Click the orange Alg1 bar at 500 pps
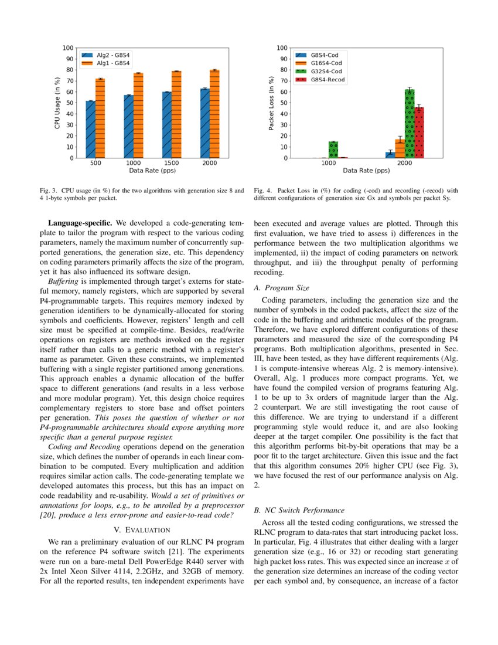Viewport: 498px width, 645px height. coord(100,118)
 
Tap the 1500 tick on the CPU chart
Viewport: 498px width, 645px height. coord(172,163)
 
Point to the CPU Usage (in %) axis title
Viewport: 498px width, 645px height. coord(57,103)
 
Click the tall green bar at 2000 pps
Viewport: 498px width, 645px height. coord(409,124)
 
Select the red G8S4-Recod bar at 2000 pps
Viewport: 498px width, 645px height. coord(419,133)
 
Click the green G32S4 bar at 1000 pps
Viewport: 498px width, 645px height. coord(333,150)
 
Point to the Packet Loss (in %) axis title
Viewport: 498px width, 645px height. coord(272,103)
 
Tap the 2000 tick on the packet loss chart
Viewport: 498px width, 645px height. coord(404,163)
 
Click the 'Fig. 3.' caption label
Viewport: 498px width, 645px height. coord(49,191)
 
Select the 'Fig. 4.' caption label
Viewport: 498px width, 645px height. coord(263,191)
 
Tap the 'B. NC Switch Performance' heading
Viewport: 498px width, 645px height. coord(298,510)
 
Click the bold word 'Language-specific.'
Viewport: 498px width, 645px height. coord(81,223)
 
